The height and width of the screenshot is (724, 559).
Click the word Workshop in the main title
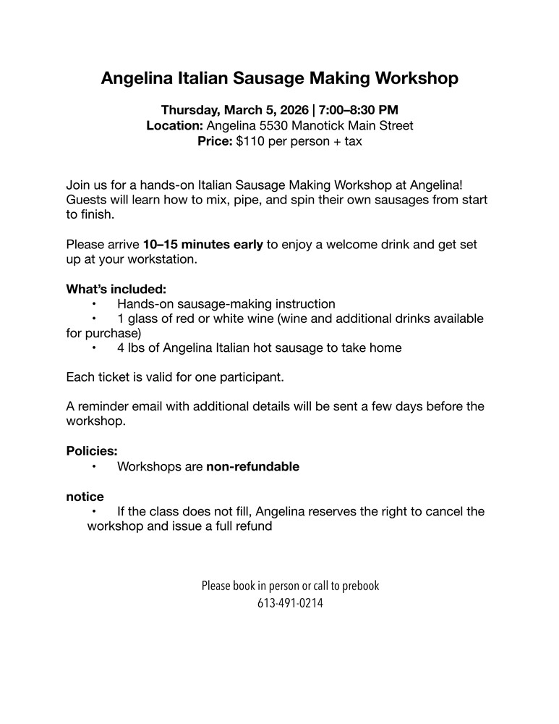(x=409, y=78)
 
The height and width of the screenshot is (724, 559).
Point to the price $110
(x=250, y=141)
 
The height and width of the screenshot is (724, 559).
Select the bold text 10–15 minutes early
(x=203, y=245)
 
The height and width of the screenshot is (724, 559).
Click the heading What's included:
(x=116, y=289)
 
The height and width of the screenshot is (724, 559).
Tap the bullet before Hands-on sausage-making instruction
(x=94, y=304)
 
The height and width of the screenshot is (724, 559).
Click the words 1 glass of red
(x=160, y=319)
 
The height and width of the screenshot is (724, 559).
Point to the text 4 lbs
(x=136, y=348)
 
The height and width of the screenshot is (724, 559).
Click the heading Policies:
(x=92, y=451)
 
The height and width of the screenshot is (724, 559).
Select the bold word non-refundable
(x=252, y=467)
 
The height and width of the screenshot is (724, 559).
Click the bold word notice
(x=85, y=497)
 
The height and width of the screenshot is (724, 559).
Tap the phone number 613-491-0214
(x=290, y=602)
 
